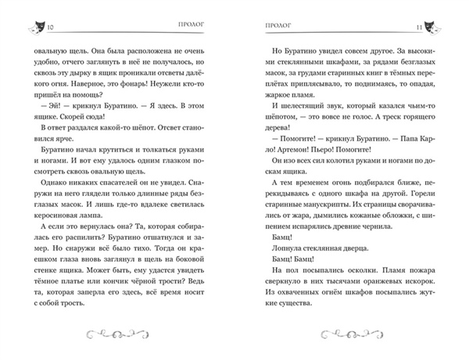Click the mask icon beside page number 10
click(x=34, y=27)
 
